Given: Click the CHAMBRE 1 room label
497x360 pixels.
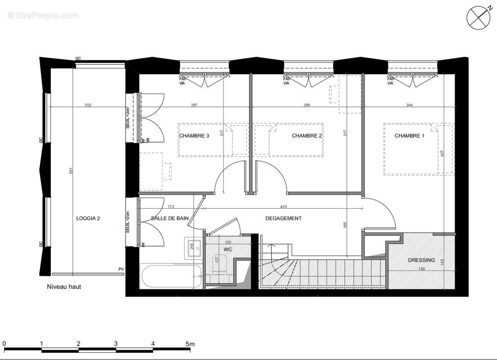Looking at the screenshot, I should tap(409, 136).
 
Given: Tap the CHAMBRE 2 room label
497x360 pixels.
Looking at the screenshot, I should tap(307, 136).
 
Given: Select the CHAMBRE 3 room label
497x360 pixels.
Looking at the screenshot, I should tap(194, 136).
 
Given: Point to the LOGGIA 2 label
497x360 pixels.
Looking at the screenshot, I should tap(88, 218).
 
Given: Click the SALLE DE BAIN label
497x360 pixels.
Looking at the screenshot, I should tap(170, 218).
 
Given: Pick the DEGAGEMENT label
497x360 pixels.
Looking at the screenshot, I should tap(283, 218).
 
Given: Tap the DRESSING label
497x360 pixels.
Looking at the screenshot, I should tap(421, 260).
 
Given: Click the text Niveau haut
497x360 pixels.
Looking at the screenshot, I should tap(64, 287).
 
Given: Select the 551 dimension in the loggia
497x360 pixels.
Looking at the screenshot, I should tap(70, 172).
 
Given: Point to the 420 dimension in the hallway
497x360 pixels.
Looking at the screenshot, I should tap(283, 207).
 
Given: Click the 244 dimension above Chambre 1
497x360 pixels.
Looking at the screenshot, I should tap(409, 105).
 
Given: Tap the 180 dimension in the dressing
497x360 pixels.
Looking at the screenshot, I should tap(421, 269).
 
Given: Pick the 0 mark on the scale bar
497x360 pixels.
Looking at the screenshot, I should tap(4, 344).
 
